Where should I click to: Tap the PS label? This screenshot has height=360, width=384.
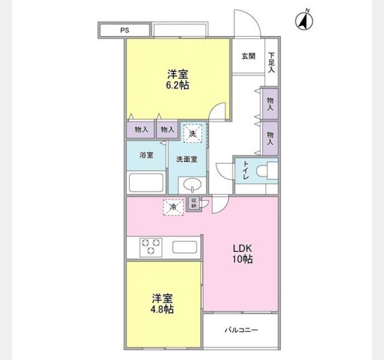[x=125, y=31]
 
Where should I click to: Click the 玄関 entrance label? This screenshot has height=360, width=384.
[x=248, y=56]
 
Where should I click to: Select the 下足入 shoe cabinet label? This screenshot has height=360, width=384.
[x=271, y=62]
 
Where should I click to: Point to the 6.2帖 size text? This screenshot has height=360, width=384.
[x=178, y=85]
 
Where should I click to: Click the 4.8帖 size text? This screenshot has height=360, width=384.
[x=163, y=310]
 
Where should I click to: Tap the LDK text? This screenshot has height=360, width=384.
[x=242, y=248]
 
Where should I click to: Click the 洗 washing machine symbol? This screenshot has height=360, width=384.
[x=193, y=133]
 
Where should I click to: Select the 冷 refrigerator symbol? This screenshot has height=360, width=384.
[x=173, y=208]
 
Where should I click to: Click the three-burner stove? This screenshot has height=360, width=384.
[x=151, y=247]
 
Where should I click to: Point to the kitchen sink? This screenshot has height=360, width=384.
[x=185, y=247]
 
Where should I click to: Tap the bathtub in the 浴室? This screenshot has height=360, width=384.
[x=146, y=182]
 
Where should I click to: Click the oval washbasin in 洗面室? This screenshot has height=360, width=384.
[x=193, y=184]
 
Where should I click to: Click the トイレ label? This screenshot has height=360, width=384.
[x=245, y=170]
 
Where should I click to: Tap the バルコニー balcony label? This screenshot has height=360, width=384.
[x=241, y=330]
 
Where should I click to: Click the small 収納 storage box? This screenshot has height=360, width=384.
[x=194, y=203]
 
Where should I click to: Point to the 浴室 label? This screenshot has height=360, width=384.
[x=146, y=155]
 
